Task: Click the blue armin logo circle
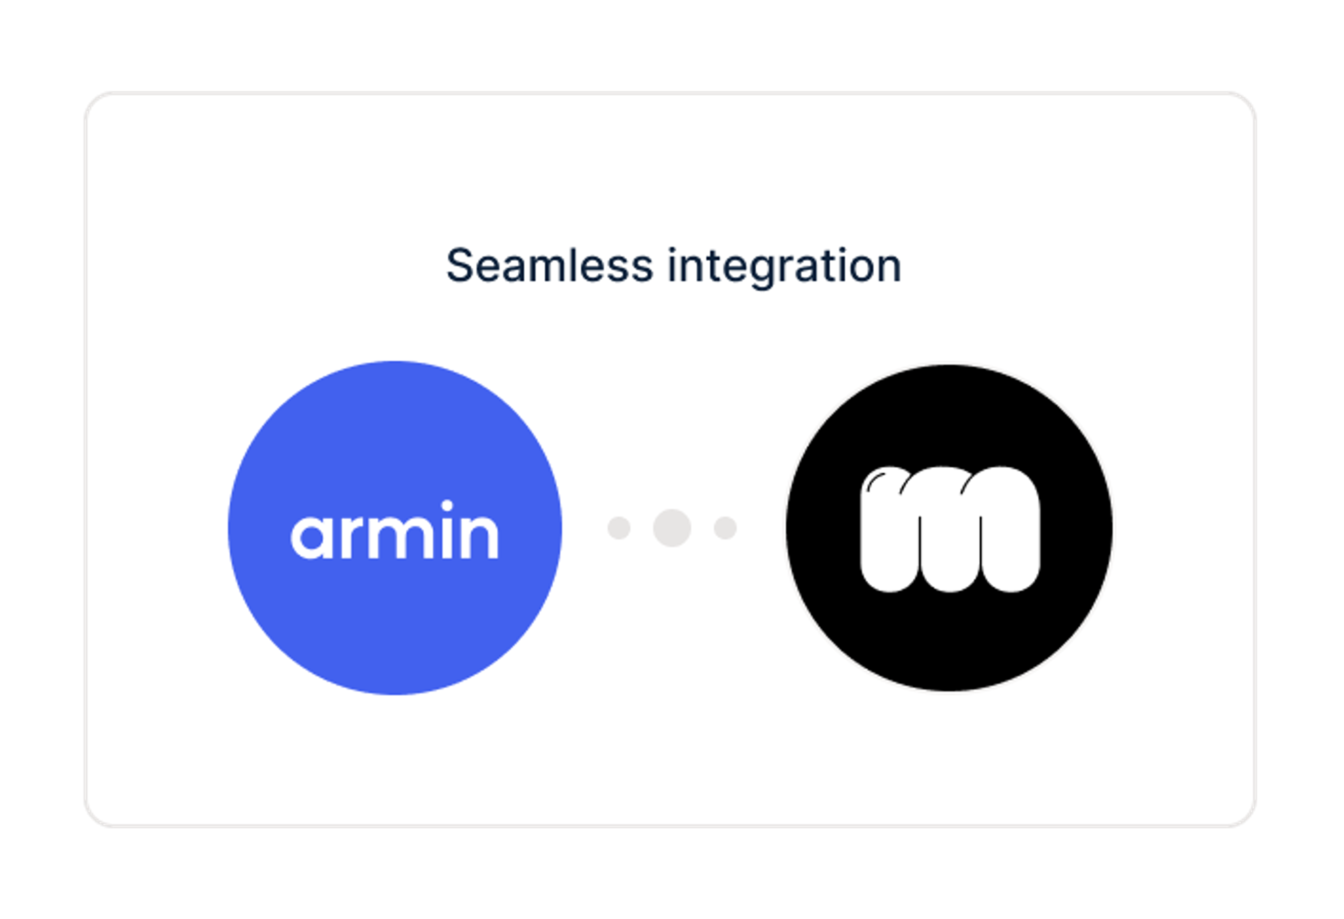pos(395,528)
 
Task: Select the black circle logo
pos(949,528)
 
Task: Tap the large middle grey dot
pos(672,528)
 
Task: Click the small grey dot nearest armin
pos(619,528)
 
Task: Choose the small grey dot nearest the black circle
pos(725,528)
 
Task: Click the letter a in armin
pos(313,537)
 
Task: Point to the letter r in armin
pos(353,537)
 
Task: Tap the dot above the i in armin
pos(447,506)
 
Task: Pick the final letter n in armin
pos(479,537)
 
